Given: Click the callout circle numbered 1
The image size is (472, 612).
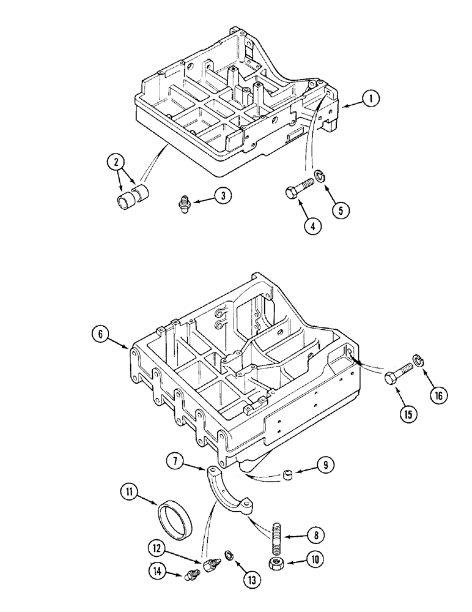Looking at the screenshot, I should [371, 99].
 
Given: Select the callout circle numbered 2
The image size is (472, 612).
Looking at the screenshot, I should [114, 163].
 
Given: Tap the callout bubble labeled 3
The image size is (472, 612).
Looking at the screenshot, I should [223, 196].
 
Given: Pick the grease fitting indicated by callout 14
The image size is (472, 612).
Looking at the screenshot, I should [193, 575].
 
